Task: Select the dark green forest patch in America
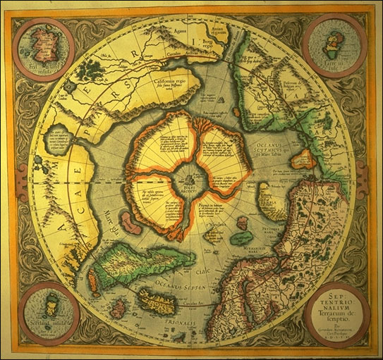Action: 90,70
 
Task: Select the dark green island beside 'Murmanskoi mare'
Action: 241,239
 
